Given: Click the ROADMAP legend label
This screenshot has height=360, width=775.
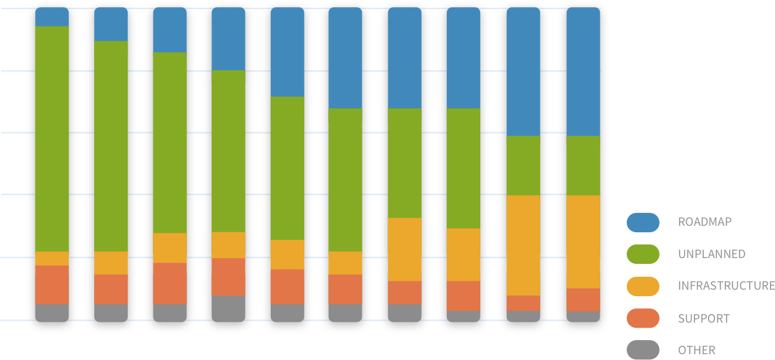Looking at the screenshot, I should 705,222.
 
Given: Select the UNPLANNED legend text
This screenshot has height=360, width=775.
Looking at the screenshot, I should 711,254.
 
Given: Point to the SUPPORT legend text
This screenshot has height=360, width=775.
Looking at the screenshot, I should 703,319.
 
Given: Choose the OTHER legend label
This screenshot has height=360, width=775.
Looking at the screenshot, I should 696,350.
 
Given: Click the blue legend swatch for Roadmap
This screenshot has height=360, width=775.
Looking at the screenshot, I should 643,222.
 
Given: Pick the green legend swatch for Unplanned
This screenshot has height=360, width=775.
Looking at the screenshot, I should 643,254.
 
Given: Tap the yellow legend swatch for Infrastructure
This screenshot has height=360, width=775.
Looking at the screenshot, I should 643,286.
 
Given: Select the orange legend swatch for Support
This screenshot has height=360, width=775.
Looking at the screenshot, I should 643,318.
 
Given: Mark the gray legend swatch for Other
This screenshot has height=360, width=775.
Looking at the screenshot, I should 643,350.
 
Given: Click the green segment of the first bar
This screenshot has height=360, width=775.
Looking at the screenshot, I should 52,139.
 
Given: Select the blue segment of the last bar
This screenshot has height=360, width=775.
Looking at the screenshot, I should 583,72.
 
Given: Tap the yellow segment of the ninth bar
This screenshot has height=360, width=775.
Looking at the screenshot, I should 523,245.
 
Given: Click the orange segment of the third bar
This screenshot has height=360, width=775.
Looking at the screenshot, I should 170,283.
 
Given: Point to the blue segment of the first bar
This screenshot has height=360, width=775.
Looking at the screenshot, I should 52,17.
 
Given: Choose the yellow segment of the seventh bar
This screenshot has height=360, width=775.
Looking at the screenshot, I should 404,249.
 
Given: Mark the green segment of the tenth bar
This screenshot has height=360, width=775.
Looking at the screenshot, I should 583,165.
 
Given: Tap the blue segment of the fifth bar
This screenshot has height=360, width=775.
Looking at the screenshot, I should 287,52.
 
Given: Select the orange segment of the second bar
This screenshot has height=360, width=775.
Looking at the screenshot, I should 111,289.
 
